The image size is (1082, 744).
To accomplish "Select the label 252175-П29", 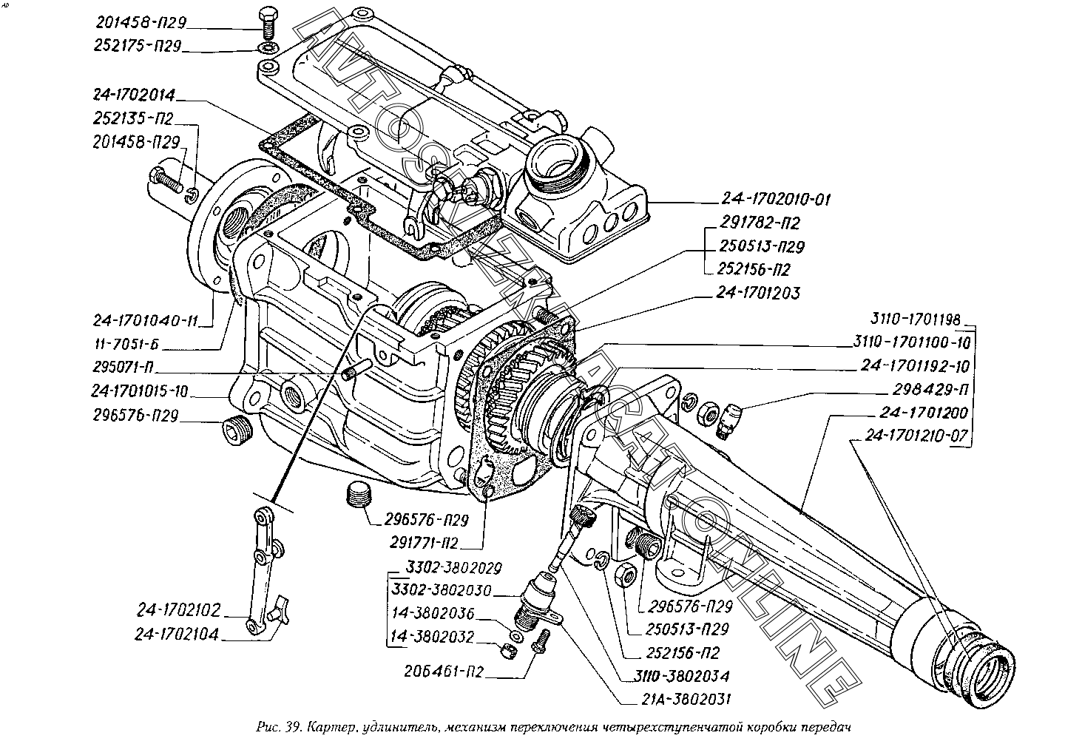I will click(x=138, y=47).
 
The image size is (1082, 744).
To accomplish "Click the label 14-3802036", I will click(x=433, y=614).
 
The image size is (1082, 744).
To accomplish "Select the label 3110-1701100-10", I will click(x=907, y=343).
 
